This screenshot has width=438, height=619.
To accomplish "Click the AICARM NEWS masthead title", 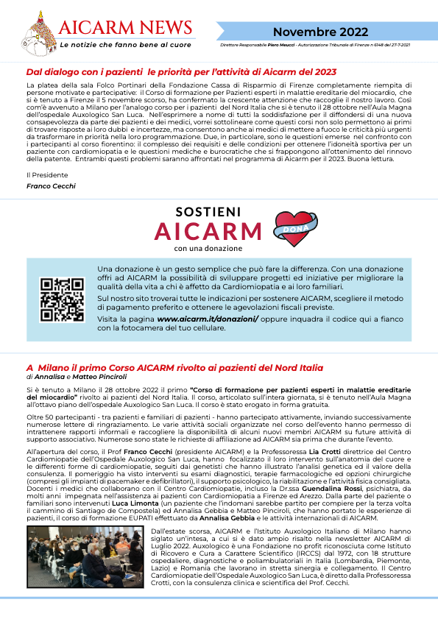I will [124, 28].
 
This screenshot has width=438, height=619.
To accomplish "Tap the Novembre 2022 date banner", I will [320, 32].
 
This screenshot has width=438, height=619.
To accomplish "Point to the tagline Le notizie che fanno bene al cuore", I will [125, 45].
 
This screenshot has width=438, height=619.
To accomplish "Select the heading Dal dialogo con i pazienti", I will [180, 72].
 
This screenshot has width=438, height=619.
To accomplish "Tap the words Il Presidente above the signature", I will [46, 174].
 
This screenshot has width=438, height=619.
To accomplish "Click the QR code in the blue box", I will [61, 300].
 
